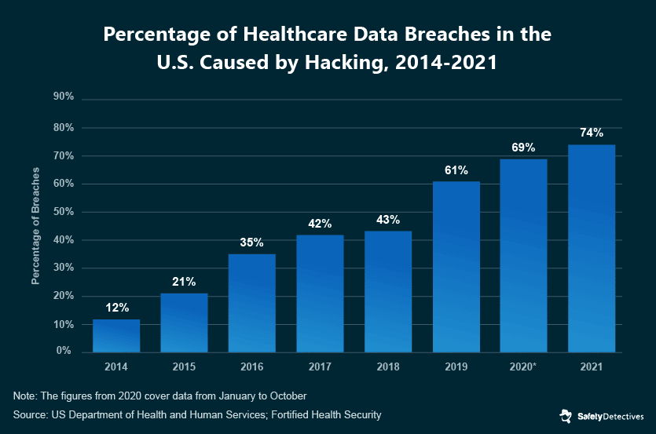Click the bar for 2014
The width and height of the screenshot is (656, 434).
tap(116, 335)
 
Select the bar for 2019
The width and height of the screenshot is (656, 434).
tap(456, 267)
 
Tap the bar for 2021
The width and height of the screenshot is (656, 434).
tap(592, 248)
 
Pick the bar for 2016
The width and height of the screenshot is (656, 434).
tap(252, 303)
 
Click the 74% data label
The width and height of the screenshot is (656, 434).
tap(592, 133)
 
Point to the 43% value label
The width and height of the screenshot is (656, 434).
tap(388, 219)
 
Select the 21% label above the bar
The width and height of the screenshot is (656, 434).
tap(184, 282)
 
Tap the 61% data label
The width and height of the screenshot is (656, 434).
tap(456, 170)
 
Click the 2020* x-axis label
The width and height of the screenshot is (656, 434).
tap(524, 367)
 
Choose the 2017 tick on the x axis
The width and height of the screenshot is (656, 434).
tap(320, 367)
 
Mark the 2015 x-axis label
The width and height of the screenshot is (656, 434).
tap(184, 367)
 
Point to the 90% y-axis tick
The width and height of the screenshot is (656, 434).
tap(63, 97)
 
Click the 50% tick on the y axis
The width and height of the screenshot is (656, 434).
tap(63, 212)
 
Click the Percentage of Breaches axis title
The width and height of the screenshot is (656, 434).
tap(35, 225)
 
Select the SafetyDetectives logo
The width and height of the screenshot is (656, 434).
tap(601, 415)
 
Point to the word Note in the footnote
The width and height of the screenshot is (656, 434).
tap(26, 395)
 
